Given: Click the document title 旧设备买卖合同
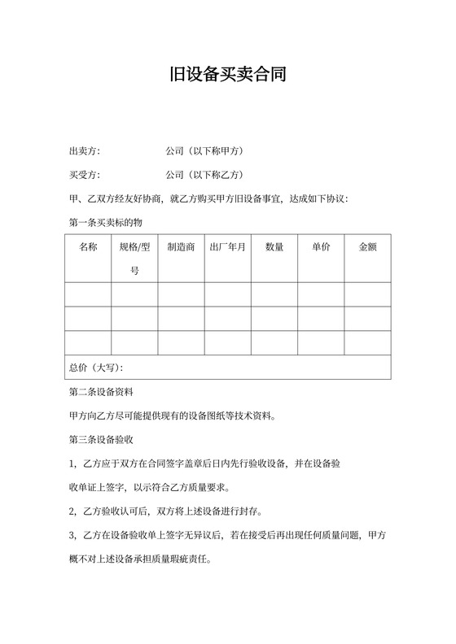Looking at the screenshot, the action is click(x=227, y=76).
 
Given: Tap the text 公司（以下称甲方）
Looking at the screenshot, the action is click(x=205, y=151).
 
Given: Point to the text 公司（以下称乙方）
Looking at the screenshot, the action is click(x=205, y=175).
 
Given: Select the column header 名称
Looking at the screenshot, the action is click(x=88, y=246).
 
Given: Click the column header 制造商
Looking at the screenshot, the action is click(x=181, y=246).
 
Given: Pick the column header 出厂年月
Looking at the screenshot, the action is click(x=227, y=246).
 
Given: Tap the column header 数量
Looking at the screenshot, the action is click(x=274, y=246).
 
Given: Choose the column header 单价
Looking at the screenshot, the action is click(x=321, y=246).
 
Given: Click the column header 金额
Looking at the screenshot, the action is click(x=367, y=246).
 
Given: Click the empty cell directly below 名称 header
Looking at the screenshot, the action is click(x=88, y=294).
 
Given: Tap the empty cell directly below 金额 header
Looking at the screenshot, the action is click(x=367, y=294).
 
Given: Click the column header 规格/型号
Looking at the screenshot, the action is click(x=134, y=258).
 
